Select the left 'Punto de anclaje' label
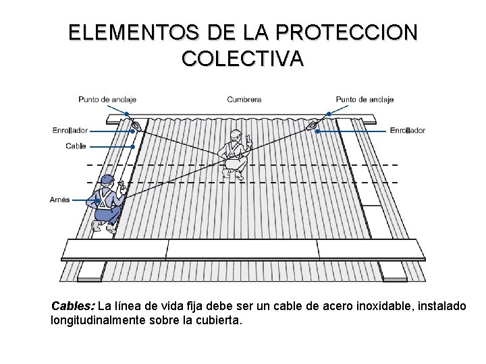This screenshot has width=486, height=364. click(106, 100)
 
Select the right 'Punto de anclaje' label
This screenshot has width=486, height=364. click(364, 100)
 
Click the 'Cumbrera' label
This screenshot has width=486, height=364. click(244, 100)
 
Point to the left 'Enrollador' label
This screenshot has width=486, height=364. click(70, 130)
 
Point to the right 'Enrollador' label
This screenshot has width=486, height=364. click(408, 130)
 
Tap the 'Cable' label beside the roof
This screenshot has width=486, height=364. click(76, 146)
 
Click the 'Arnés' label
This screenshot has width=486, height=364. click(60, 200)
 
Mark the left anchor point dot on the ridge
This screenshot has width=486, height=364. click(127, 114)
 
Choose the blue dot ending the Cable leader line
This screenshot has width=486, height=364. click(133, 146)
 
